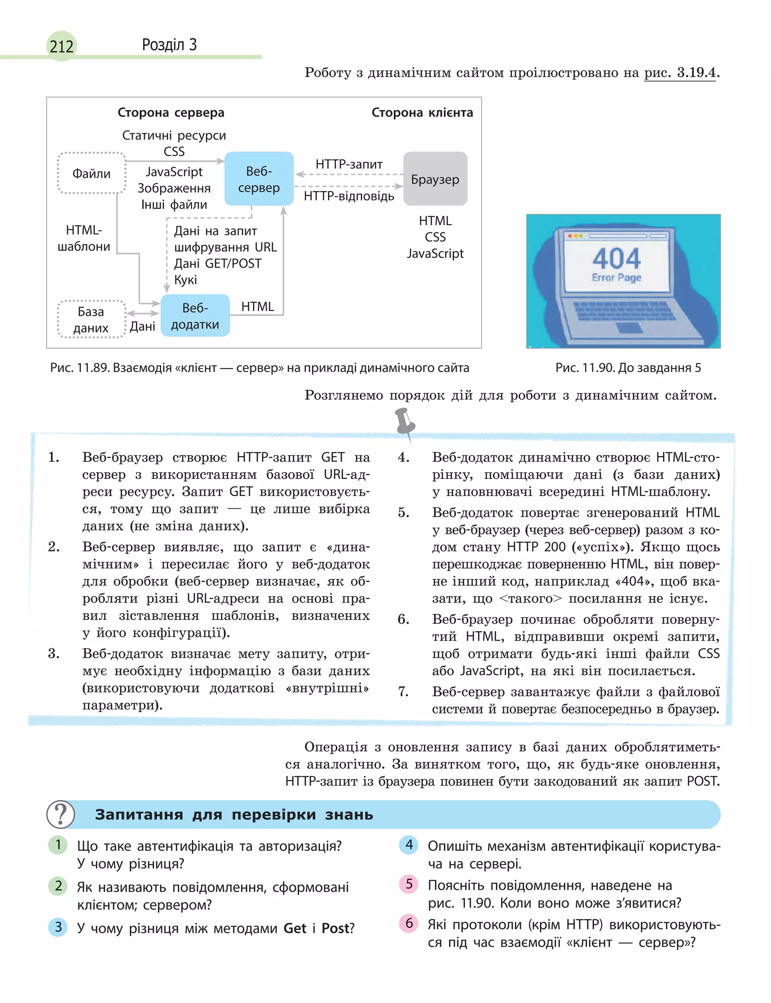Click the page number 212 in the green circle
coord(61,46)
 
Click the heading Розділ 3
coord(169,44)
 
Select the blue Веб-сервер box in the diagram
coord(259,179)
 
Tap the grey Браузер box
coord(435,179)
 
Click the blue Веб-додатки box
coord(195,316)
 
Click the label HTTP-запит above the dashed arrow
coord(349,164)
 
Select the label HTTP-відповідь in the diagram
coord(349,197)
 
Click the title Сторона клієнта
coord(422,113)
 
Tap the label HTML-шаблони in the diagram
coord(84,238)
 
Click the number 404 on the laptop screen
coord(616,258)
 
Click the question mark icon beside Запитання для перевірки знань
coord(61,814)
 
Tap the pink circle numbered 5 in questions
coord(409,884)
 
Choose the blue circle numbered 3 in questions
coord(58,927)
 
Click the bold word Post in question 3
coord(335,928)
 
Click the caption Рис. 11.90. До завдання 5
coord(628,368)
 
